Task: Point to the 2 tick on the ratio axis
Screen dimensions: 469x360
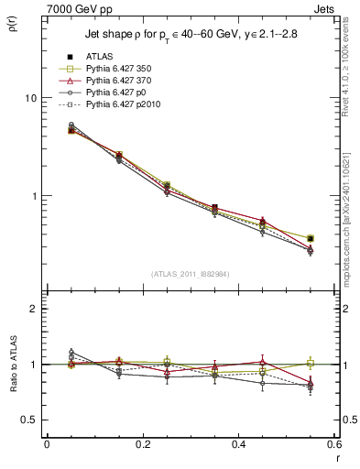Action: point(34,309)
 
